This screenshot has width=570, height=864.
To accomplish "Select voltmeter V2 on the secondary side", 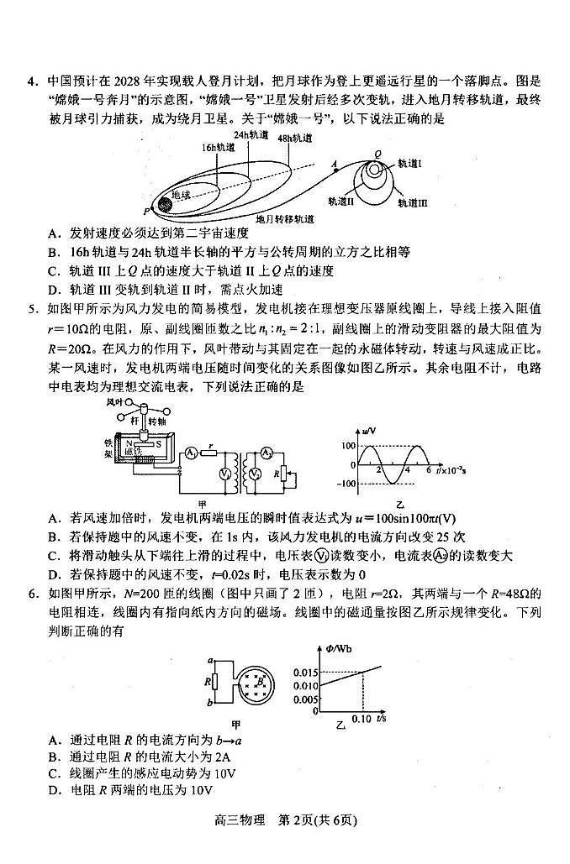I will [253, 475].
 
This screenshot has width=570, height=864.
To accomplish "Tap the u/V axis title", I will [369, 432].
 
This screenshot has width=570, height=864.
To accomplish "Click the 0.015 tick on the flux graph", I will [308, 673].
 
